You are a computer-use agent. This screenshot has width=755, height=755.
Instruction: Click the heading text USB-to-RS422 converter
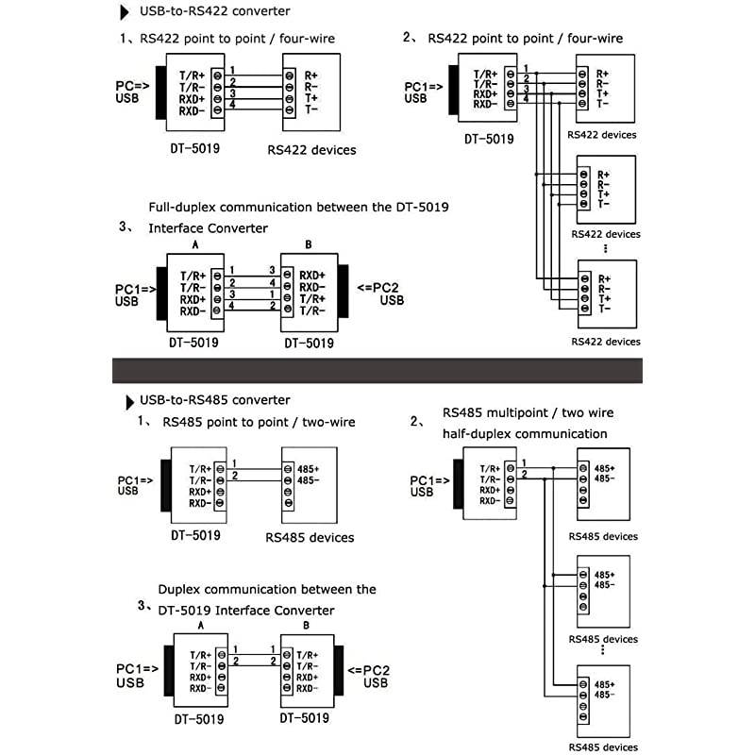[215, 11]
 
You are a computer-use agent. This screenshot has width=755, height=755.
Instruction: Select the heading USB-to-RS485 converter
[215, 400]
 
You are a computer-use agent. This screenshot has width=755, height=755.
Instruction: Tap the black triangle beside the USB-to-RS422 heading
[125, 12]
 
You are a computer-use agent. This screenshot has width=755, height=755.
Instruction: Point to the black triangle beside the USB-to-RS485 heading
[129, 402]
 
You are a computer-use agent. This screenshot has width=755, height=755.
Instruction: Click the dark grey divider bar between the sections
[377, 371]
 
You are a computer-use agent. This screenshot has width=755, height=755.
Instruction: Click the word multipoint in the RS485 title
[516, 412]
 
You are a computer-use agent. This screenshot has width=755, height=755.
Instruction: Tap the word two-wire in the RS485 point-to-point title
[328, 422]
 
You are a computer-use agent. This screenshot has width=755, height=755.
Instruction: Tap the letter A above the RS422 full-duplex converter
[195, 244]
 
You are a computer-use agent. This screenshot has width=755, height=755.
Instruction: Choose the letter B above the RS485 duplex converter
[306, 626]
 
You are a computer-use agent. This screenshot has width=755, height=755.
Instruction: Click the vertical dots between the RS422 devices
[605, 248]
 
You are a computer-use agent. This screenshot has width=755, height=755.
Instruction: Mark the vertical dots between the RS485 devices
[602, 649]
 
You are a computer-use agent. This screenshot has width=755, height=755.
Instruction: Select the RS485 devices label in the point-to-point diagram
[310, 537]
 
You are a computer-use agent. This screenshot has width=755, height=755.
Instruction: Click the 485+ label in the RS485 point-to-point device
[309, 469]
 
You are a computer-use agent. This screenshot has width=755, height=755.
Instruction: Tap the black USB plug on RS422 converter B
[343, 291]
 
